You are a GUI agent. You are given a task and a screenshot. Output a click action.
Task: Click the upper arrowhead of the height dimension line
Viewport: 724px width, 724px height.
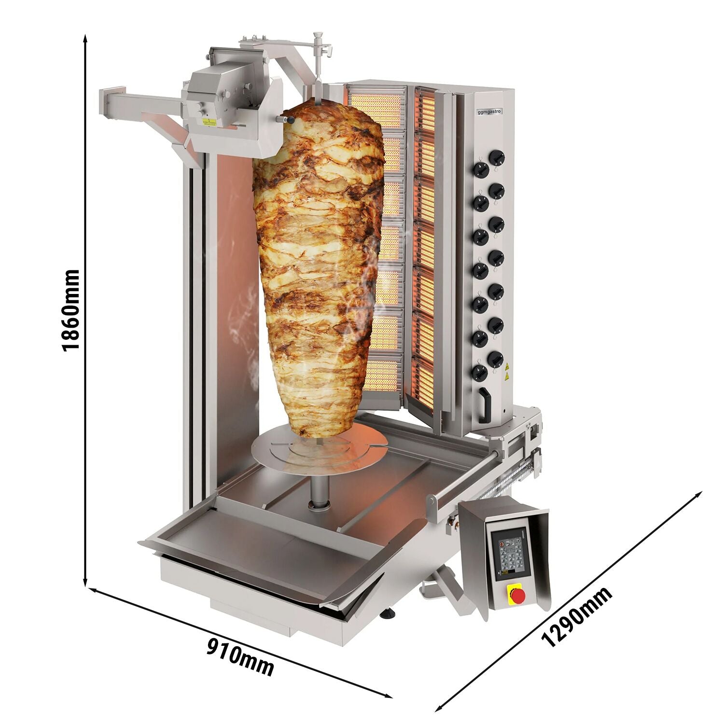[85, 37]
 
